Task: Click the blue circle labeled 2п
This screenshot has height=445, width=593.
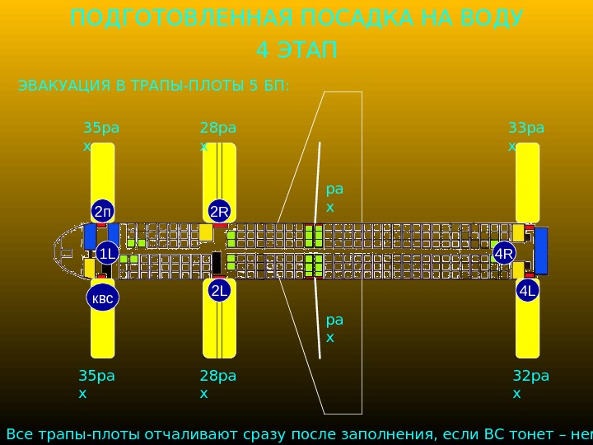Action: pos(102,211)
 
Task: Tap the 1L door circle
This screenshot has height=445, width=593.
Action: pos(107,253)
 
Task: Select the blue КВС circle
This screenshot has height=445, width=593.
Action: pos(102,298)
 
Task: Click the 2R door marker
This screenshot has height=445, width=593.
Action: pos(219,212)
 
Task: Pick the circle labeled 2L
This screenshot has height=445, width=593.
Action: pos(219,290)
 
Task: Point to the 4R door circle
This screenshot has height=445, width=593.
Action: pos(504,254)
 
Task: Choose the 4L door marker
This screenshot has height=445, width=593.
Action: pos(527,291)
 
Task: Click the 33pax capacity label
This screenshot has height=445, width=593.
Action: pos(525,136)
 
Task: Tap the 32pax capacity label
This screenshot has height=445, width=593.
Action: pos(530,384)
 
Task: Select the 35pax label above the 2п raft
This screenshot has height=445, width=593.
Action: pos(100,136)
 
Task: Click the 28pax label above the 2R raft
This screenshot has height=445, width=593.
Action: pos(217,136)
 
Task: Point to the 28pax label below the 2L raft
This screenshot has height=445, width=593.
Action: pos(217,384)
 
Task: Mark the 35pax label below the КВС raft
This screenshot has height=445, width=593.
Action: pos(96,384)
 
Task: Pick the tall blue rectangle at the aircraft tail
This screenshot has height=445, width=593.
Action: pos(541,251)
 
